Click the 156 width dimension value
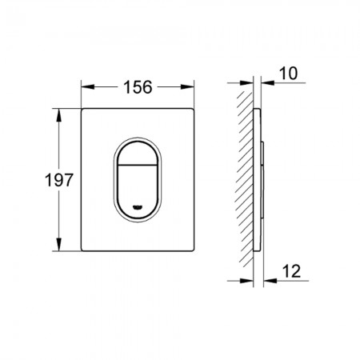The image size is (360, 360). click(138, 87)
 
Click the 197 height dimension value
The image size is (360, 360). click(58, 180)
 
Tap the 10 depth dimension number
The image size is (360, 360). click(288, 74)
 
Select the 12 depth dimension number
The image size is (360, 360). click(291, 271)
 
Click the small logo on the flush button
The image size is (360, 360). click(138, 207)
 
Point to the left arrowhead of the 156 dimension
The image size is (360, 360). click(88, 87)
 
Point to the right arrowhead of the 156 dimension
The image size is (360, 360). click(187, 87)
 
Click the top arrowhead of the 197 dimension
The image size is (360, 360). click(58, 115)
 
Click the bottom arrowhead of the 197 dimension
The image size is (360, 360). click(58, 244)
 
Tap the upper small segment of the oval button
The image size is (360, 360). click(138, 154)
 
